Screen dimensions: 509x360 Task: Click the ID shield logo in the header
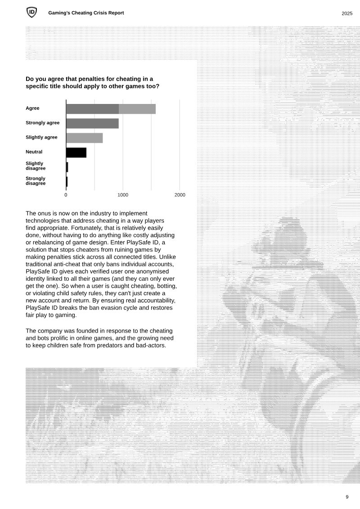coord(31,13)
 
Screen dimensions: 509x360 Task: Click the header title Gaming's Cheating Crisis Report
coord(86,13)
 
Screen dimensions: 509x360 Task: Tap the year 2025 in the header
coord(346,14)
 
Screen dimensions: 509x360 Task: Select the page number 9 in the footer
coord(347,497)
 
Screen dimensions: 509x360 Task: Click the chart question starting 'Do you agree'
coord(92,82)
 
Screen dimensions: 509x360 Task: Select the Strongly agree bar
coord(92,123)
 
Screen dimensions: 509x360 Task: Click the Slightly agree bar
coord(84,138)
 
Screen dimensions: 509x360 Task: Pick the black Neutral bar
coord(76,153)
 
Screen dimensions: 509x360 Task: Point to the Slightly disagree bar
coord(67,167)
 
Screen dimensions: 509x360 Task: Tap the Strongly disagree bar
coord(67,182)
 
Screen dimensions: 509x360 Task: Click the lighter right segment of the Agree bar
coord(137,109)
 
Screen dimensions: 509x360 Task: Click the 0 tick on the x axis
coord(66,195)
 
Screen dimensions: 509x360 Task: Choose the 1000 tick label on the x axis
coord(123,195)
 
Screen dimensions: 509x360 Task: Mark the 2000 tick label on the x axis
coord(180,195)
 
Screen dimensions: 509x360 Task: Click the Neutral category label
coord(34,152)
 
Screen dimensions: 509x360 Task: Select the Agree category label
coord(32,108)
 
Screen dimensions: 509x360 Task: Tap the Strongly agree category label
coord(42,123)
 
